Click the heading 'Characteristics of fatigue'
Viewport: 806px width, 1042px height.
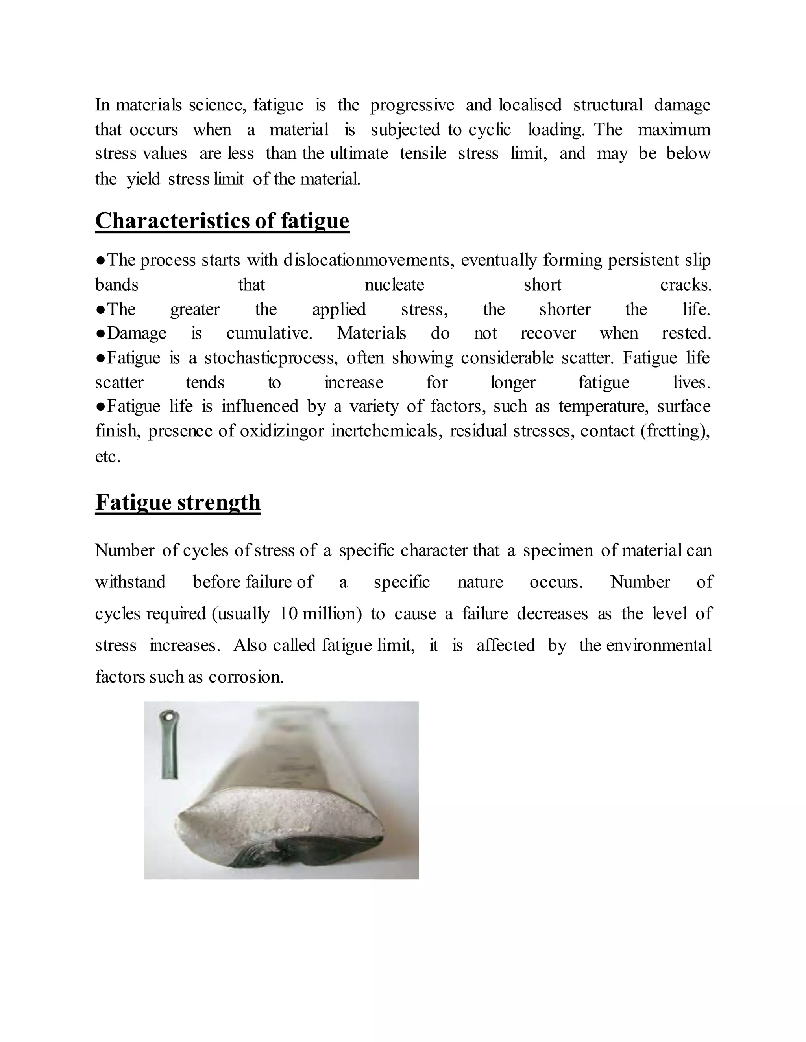222,221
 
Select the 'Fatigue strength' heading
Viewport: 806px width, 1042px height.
177,503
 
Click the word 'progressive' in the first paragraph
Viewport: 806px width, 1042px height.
412,105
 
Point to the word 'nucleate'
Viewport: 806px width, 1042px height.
394,285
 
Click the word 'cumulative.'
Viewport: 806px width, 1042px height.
269,333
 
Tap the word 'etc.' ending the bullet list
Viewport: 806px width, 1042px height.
107,457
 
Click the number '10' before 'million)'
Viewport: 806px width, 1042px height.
289,613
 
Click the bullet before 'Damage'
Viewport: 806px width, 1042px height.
100,333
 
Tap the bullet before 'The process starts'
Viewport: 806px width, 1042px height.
100,260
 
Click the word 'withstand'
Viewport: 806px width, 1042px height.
130,582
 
